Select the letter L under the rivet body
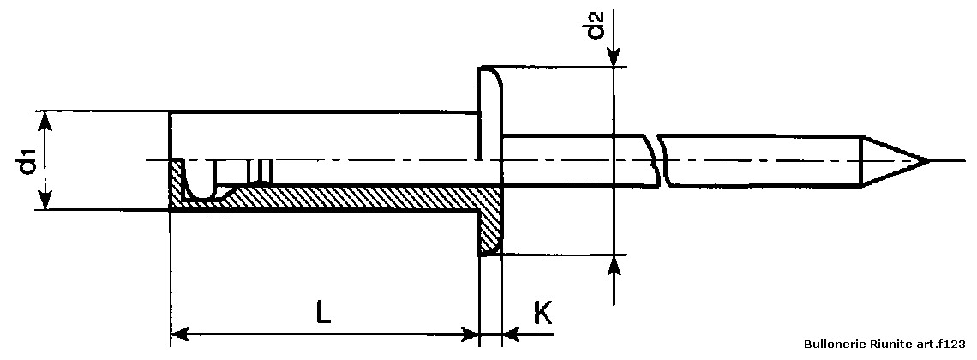pos(323,313)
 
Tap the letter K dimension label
pos(542,314)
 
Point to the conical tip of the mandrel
pos(894,160)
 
